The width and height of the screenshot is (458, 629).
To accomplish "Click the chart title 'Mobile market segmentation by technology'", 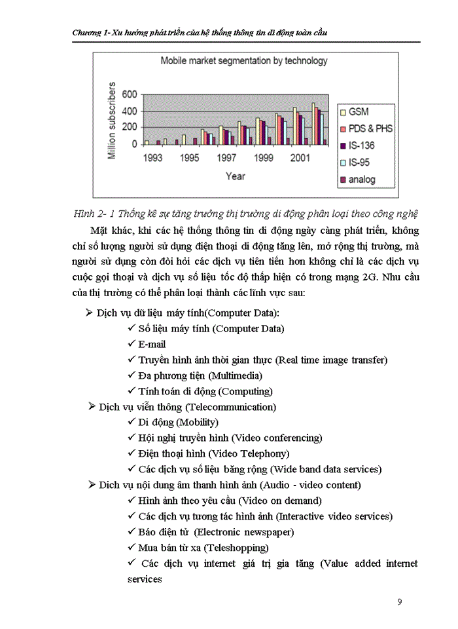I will point(244,61).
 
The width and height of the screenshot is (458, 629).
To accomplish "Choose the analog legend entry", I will point(362,180).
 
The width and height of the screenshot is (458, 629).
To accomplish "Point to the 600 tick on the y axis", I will point(130,94).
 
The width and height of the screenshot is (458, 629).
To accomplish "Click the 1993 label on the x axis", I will point(153,158).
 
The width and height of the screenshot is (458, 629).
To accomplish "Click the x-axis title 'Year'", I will point(236,176).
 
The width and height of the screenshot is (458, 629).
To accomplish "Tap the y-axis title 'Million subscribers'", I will point(113,121).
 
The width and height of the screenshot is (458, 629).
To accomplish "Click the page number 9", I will point(400,602).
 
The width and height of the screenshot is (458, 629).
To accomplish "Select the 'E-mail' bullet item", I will point(152,344).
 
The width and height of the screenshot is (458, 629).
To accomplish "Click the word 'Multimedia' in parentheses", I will point(235,375).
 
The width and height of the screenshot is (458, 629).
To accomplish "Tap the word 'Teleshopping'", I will point(236,548).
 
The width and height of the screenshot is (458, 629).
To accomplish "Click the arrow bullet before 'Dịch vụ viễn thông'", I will point(92,407).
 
